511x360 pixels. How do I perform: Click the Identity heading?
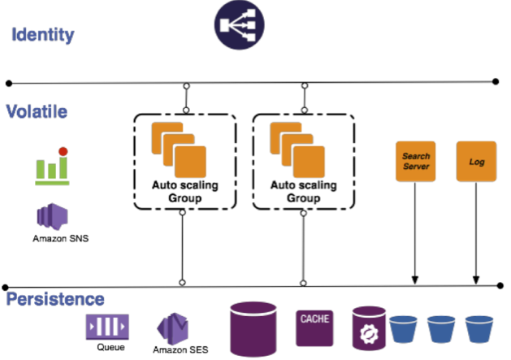(42, 35)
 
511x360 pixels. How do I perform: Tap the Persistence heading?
(56, 299)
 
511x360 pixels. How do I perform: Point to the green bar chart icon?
(51, 166)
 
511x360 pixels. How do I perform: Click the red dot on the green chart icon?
(62, 152)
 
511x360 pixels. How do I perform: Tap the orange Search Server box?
(415, 161)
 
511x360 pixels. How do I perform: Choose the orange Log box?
(476, 161)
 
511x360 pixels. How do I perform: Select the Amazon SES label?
(180, 349)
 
